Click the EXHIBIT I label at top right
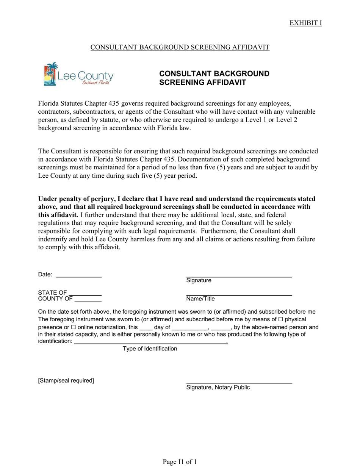305,23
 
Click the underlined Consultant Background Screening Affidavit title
180,47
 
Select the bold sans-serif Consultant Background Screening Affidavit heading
214,78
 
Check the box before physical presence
281,320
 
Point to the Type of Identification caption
150,349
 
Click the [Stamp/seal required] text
66,380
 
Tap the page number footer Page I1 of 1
180,461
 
